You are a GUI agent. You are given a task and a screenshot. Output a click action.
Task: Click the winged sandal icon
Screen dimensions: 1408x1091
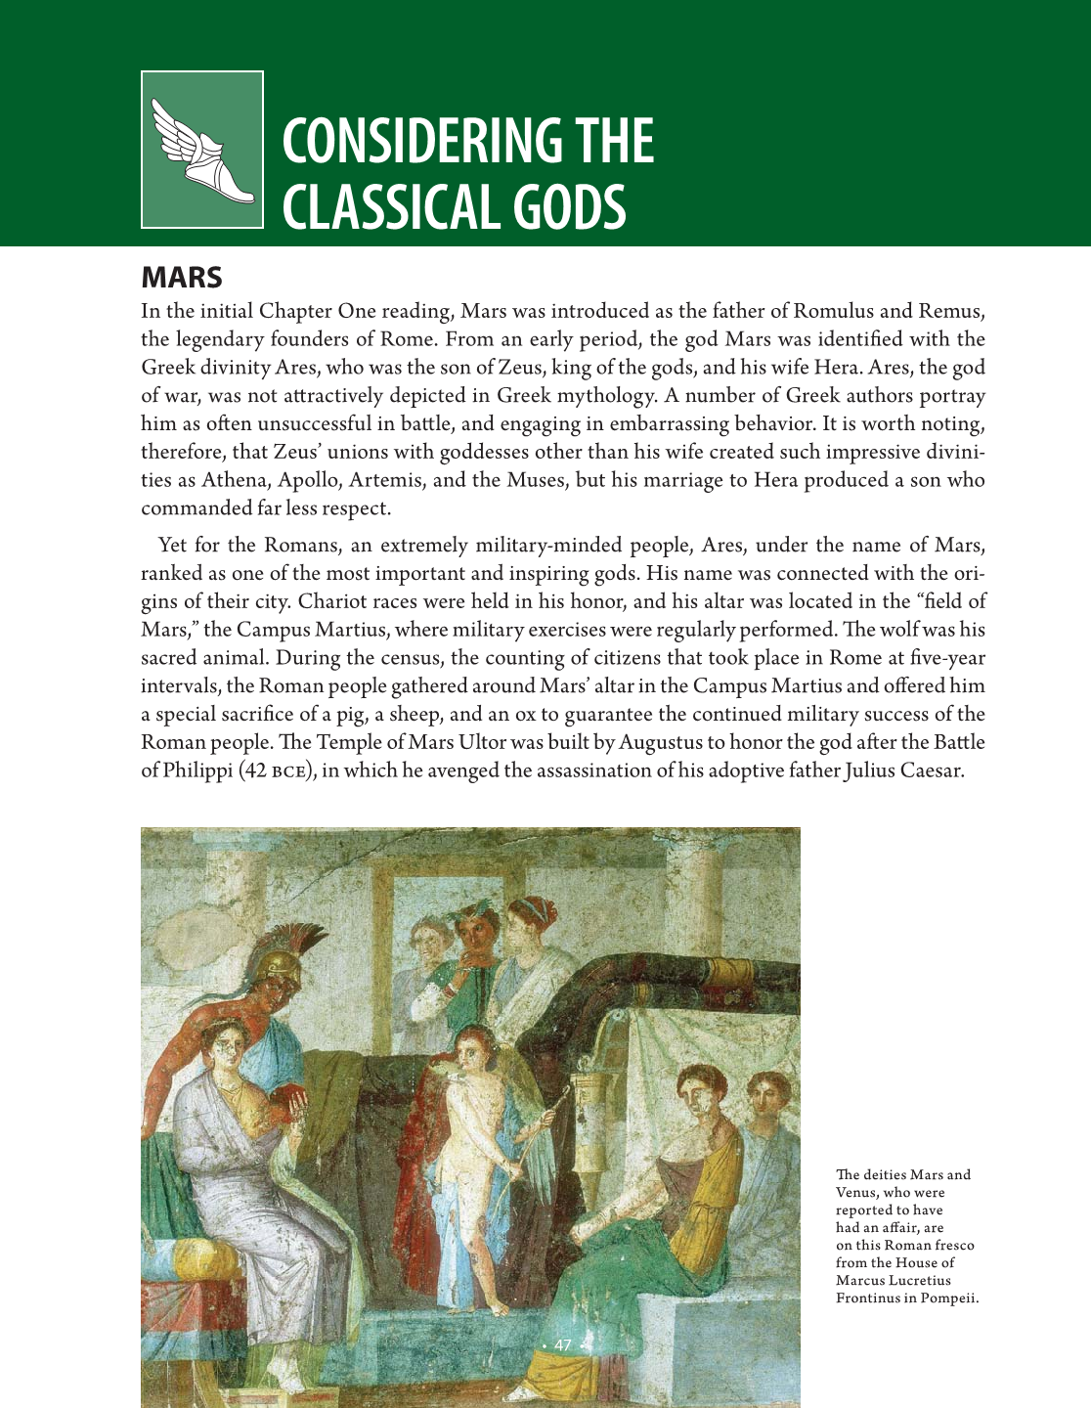pyautogui.click(x=202, y=150)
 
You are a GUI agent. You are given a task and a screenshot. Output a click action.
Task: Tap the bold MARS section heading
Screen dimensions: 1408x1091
pyautogui.click(x=182, y=278)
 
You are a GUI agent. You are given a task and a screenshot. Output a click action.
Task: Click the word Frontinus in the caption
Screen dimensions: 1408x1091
pyautogui.click(x=868, y=1298)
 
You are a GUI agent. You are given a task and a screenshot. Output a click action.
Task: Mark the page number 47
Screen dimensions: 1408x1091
pyautogui.click(x=562, y=1345)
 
